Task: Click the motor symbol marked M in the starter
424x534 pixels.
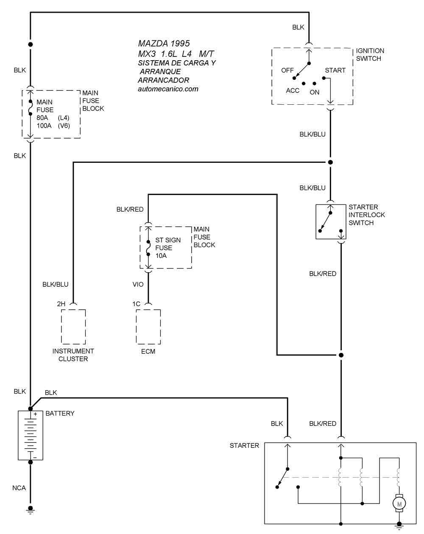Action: click(399, 503)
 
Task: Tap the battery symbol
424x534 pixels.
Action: click(31, 435)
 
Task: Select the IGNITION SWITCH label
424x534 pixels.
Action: click(370, 55)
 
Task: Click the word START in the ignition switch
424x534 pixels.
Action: click(335, 70)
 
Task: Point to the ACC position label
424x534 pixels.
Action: click(293, 91)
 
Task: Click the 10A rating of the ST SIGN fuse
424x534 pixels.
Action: click(161, 256)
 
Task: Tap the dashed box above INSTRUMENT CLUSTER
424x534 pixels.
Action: click(73, 327)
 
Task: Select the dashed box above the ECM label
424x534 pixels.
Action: click(148, 327)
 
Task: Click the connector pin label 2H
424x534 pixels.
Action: click(61, 304)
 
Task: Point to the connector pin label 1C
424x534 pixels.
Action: click(136, 304)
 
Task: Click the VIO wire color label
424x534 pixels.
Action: click(138, 285)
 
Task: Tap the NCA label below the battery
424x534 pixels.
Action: click(19, 488)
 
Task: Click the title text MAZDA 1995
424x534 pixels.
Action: click(164, 44)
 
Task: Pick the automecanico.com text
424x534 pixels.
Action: click(168, 89)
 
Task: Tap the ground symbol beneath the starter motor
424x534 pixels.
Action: click(399, 527)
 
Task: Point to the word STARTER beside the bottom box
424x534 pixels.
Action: click(244, 446)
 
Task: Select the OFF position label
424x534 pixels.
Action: click(287, 70)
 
